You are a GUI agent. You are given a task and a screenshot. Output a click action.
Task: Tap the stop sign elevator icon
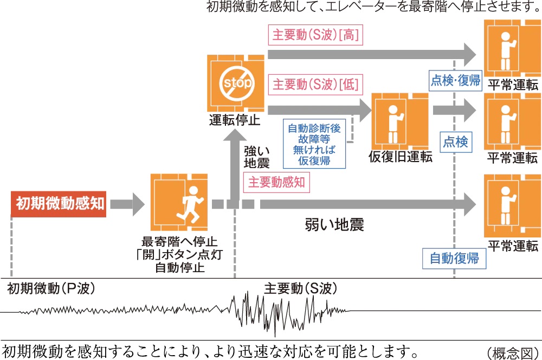point(235,83)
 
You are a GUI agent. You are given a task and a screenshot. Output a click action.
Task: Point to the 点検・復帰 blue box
point(455,80)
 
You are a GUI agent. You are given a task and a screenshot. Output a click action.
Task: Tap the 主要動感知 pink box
point(276,182)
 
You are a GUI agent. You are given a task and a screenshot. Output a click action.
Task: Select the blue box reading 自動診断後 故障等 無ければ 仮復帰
point(314,145)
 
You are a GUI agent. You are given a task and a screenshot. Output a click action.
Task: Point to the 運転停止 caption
point(235,120)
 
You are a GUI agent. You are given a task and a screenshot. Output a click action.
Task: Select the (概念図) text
point(513,352)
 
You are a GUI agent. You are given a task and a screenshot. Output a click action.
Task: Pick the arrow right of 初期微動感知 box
point(127,204)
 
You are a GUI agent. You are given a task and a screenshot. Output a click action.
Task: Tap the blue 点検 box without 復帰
point(455,142)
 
